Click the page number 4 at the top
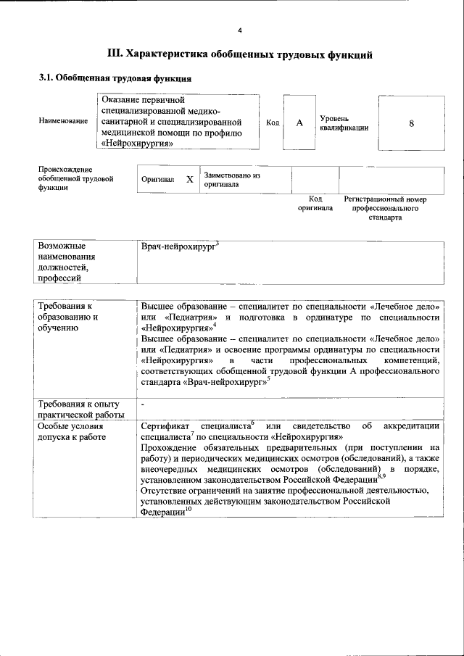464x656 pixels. tap(239, 30)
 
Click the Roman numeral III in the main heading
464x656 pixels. tap(115, 54)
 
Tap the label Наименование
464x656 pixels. tap(63, 123)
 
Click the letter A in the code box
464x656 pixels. tap(299, 123)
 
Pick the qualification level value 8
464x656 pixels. tap(411, 123)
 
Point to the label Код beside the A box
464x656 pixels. tap(273, 123)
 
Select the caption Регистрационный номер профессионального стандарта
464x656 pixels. tap(385, 208)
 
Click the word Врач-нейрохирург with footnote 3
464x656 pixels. tap(178, 248)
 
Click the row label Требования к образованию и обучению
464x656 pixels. tap(69, 317)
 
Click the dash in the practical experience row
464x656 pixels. tap(144, 404)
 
